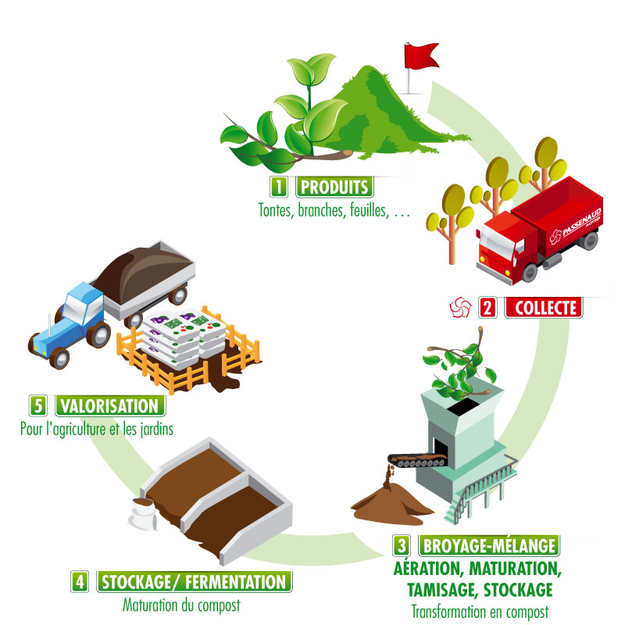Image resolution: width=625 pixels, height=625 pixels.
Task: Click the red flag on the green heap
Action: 420,55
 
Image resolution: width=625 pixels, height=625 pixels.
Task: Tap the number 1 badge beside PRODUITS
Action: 279,187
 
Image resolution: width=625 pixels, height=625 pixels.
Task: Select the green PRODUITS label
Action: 334,187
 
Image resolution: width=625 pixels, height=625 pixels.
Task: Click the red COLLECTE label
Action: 544,308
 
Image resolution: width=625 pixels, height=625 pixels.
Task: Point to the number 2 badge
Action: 487,308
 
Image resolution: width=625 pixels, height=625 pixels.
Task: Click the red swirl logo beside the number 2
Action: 460,307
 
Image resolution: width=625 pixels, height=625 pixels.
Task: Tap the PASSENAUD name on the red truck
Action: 581,222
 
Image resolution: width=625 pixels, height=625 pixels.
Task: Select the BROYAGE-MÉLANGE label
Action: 489,545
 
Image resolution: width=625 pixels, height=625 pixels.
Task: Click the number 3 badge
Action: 402,545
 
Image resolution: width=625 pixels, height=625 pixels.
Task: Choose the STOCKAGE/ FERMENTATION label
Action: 194,581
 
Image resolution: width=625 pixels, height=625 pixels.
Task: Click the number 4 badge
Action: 80,581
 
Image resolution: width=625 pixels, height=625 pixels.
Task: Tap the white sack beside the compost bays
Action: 143,513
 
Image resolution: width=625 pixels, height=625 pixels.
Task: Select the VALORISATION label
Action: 110,405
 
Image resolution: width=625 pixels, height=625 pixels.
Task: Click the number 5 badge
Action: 37,405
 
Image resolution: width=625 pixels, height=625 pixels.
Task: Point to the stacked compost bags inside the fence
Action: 184,335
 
